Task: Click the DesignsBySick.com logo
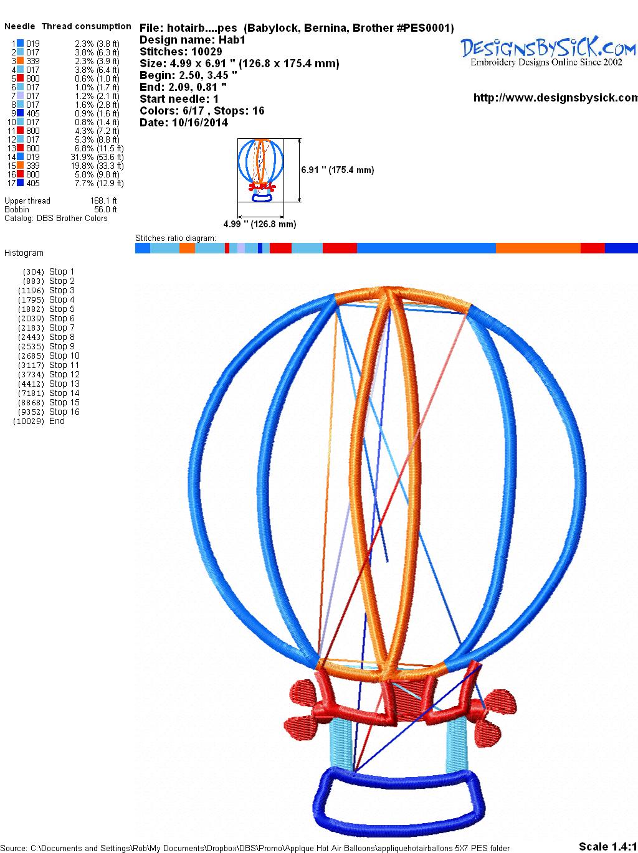tap(548, 51)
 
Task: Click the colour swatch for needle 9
tap(20, 113)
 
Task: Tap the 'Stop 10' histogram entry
tap(64, 356)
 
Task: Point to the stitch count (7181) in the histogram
tap(31, 394)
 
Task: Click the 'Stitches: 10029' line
tap(181, 52)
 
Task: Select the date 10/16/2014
tap(200, 123)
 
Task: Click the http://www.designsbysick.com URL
tap(556, 98)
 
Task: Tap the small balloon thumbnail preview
tap(260, 170)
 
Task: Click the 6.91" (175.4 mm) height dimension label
tap(338, 170)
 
